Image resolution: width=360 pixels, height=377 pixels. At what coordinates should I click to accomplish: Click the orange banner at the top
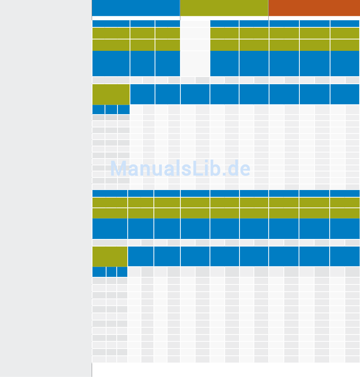click(314, 8)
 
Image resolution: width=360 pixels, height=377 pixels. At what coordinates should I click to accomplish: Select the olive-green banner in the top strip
click(224, 8)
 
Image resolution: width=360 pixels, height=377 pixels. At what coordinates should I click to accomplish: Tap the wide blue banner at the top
click(136, 8)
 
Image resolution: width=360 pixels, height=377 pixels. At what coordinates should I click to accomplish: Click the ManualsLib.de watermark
click(180, 169)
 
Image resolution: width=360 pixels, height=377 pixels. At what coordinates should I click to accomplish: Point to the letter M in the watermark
click(117, 169)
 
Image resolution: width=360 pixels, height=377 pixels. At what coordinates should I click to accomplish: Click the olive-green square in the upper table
click(111, 94)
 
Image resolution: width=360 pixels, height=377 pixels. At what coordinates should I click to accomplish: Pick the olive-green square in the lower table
click(110, 256)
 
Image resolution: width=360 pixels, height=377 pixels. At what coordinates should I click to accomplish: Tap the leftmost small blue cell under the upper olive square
click(99, 110)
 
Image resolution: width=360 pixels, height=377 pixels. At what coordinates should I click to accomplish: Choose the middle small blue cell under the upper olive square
click(111, 110)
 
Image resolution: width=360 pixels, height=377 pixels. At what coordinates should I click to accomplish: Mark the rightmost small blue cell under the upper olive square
click(124, 110)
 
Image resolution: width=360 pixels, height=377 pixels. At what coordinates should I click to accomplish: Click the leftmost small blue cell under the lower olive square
click(99, 272)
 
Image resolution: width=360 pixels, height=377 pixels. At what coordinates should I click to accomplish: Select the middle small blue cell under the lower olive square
click(111, 272)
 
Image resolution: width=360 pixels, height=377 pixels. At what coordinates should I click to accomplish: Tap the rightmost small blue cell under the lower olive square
click(122, 272)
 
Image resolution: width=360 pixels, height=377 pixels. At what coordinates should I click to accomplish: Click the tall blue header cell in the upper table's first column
click(111, 64)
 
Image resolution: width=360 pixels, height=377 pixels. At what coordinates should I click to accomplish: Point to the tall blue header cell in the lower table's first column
click(110, 228)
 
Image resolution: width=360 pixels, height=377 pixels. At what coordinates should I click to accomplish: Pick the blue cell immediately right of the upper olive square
click(142, 94)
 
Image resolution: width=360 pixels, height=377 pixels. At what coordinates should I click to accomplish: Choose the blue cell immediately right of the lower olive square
click(141, 256)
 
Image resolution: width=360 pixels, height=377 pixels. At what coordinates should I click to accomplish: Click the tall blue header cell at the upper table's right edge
click(345, 64)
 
